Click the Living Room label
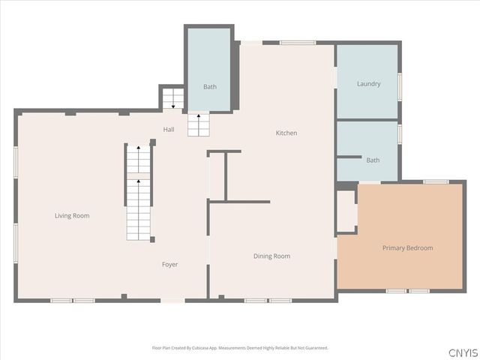coord(72,216)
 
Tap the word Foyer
coord(170,265)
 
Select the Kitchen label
coord(286,133)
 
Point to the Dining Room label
coord(271,256)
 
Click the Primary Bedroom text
coord(407,248)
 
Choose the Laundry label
coord(368,84)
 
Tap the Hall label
coord(169,130)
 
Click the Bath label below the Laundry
coord(373,160)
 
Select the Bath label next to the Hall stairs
coord(210,87)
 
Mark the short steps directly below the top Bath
coord(198,124)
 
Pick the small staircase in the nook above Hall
coord(172,98)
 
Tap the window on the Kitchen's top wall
coord(298,43)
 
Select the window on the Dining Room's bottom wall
coord(268,300)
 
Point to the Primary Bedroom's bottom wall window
coord(407,290)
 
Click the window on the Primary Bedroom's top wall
coord(435,181)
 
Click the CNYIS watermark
coord(463,352)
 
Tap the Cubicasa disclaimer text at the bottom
coord(240,348)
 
